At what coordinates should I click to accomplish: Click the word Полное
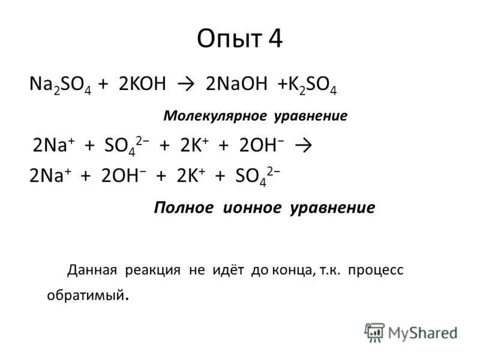coord(184,208)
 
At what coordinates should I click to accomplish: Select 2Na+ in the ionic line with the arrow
coord(48,145)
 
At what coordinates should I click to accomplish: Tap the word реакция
coord(152,270)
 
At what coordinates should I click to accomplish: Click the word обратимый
coord(86,295)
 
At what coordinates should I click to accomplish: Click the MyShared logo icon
coord(374,332)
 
